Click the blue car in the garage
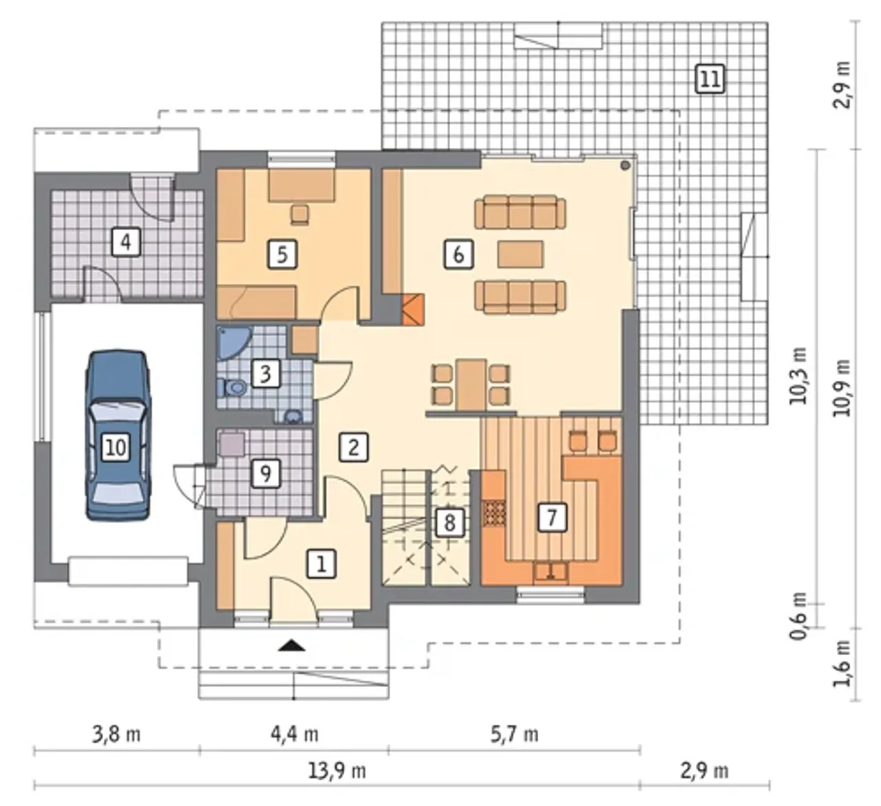pos(118,435)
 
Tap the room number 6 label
pos(458,254)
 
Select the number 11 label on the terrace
pos(710,79)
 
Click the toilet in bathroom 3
pos(233,387)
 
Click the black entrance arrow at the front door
pos(293,645)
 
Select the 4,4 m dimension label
pos(295,734)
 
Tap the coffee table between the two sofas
pos(520,254)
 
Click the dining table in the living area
pos(471,385)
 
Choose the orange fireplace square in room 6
pos(413,309)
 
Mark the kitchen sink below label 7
pos(551,571)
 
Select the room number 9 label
pos(265,473)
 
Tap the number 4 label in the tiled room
pos(126,241)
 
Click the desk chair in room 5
pos(300,214)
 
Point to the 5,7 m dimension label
pos(514,734)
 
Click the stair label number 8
pos(449,523)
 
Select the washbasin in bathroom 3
pos(293,415)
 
